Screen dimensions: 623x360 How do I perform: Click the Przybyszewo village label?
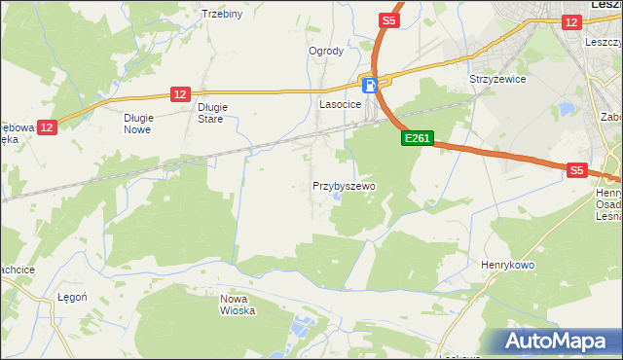coord(344,185)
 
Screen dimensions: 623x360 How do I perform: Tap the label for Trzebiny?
coord(221,14)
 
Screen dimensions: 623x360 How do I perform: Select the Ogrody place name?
coord(326,51)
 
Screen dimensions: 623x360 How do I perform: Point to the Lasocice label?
coord(341,102)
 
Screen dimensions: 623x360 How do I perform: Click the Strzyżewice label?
coord(497,79)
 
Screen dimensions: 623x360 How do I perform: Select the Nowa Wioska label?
coord(238,305)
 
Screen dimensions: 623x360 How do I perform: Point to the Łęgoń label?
coord(73,297)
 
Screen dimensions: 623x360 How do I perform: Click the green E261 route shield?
coord(417,139)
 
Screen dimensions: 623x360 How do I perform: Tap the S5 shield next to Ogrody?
coord(389,19)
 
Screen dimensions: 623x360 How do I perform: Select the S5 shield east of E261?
coord(576,170)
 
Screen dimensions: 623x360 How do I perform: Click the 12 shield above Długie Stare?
coord(179,93)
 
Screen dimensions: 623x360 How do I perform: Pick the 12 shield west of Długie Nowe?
coord(49,126)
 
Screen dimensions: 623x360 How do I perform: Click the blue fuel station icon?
coord(369,85)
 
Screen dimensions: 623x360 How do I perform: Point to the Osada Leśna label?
coord(608,210)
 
